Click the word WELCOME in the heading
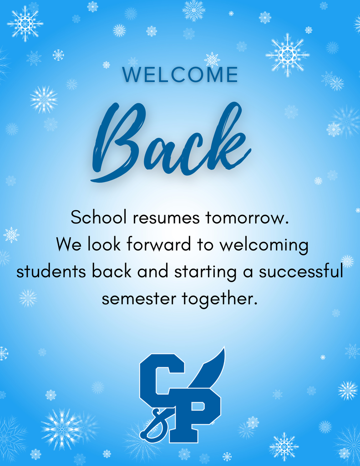click(180, 75)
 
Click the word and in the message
click(153, 272)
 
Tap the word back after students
click(112, 272)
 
